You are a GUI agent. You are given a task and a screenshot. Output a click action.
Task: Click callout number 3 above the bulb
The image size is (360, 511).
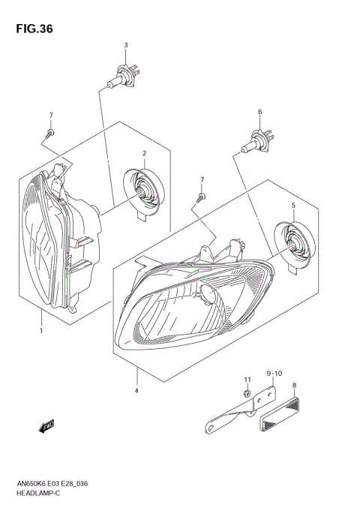126,45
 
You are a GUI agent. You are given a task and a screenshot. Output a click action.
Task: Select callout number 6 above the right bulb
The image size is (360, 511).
259,112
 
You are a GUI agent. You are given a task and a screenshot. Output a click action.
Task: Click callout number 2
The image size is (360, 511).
143,154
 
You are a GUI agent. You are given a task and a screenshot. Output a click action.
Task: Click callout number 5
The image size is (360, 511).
293,204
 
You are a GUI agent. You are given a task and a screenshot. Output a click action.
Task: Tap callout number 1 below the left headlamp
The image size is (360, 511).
41,330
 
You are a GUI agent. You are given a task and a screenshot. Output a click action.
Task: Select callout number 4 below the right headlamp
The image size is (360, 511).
136,389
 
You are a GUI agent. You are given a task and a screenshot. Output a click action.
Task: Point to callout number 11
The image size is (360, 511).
246,380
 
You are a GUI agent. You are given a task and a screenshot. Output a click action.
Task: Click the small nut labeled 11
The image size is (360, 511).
246,394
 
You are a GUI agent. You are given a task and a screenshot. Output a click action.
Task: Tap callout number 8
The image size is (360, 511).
295,384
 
